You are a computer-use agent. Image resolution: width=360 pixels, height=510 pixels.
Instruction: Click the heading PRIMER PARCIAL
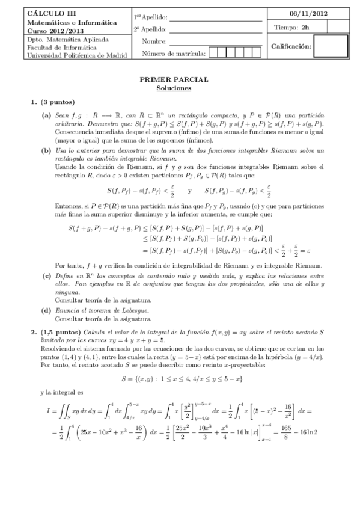point(174,79)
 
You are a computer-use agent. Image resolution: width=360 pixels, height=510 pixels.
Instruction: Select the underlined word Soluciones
point(174,88)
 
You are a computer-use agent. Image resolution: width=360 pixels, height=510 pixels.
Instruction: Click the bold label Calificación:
point(291,46)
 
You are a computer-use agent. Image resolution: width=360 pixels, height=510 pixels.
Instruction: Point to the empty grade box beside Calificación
point(331,46)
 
